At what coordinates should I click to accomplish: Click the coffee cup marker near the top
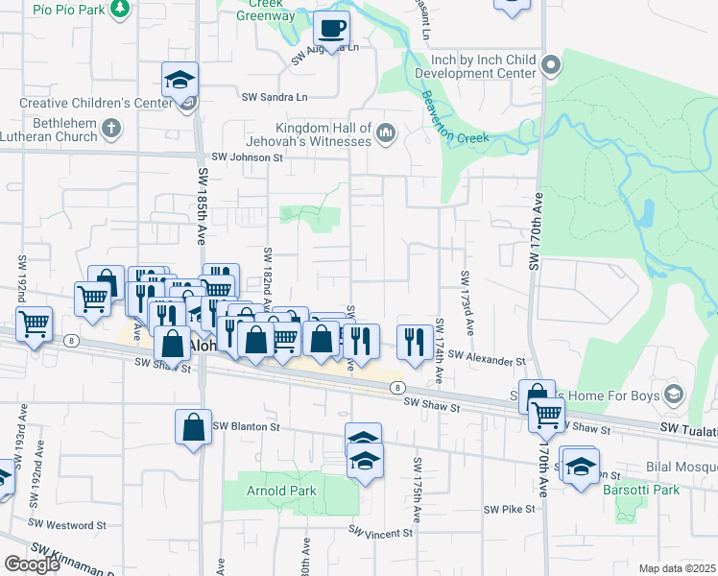(x=331, y=29)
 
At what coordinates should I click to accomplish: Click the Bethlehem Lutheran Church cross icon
(x=111, y=127)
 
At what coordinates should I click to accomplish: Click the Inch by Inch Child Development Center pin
(x=550, y=65)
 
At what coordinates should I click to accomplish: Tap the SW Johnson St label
(x=248, y=157)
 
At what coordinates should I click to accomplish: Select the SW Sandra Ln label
(x=275, y=97)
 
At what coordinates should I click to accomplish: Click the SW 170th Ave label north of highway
(x=536, y=231)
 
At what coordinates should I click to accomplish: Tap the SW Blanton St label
(x=245, y=426)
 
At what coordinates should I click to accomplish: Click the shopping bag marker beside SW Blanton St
(x=193, y=428)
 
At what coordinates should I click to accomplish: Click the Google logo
(x=32, y=564)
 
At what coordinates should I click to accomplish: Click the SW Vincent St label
(x=380, y=531)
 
